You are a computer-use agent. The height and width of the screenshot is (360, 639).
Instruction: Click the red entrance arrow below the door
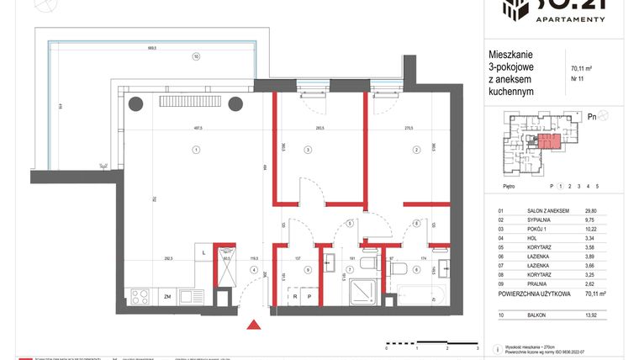(251, 324)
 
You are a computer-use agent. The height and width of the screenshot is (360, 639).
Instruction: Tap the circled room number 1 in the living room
(195, 150)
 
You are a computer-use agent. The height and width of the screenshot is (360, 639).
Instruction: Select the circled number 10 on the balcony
(195, 57)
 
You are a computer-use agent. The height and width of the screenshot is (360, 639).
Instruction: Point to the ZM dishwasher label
(167, 296)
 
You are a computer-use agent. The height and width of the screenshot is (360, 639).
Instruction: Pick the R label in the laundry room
(294, 297)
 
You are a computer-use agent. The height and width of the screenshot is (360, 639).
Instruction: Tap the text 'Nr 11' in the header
(578, 79)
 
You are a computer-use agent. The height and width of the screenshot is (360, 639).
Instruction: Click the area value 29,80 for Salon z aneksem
(578, 213)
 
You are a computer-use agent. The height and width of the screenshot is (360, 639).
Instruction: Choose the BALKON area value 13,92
(578, 313)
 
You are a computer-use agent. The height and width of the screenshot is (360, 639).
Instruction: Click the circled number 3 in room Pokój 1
(308, 150)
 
